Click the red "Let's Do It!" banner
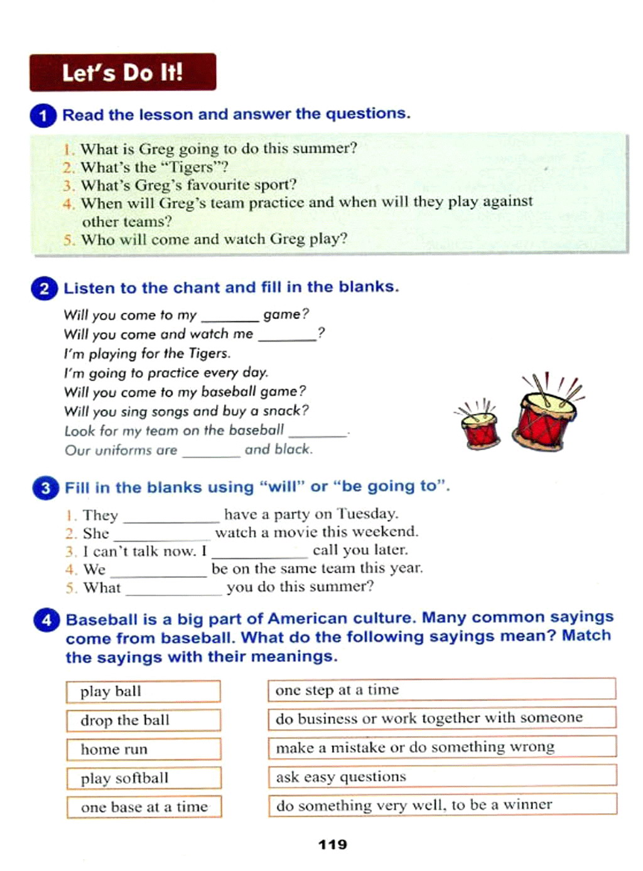tap(122, 72)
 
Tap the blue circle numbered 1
tap(43, 116)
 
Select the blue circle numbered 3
tap(45, 488)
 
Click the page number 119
tap(332, 845)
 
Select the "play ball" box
tap(143, 691)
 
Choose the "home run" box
tap(143, 749)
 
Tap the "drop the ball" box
tap(143, 720)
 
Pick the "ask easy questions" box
tap(442, 777)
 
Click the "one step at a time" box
tap(441, 690)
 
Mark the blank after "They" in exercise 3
tap(171, 517)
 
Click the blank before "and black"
tap(210, 452)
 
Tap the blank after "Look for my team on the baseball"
tap(317, 432)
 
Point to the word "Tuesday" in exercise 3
tap(367, 514)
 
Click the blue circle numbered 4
tap(46, 620)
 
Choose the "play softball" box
tap(143, 778)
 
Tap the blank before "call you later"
tap(259, 553)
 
